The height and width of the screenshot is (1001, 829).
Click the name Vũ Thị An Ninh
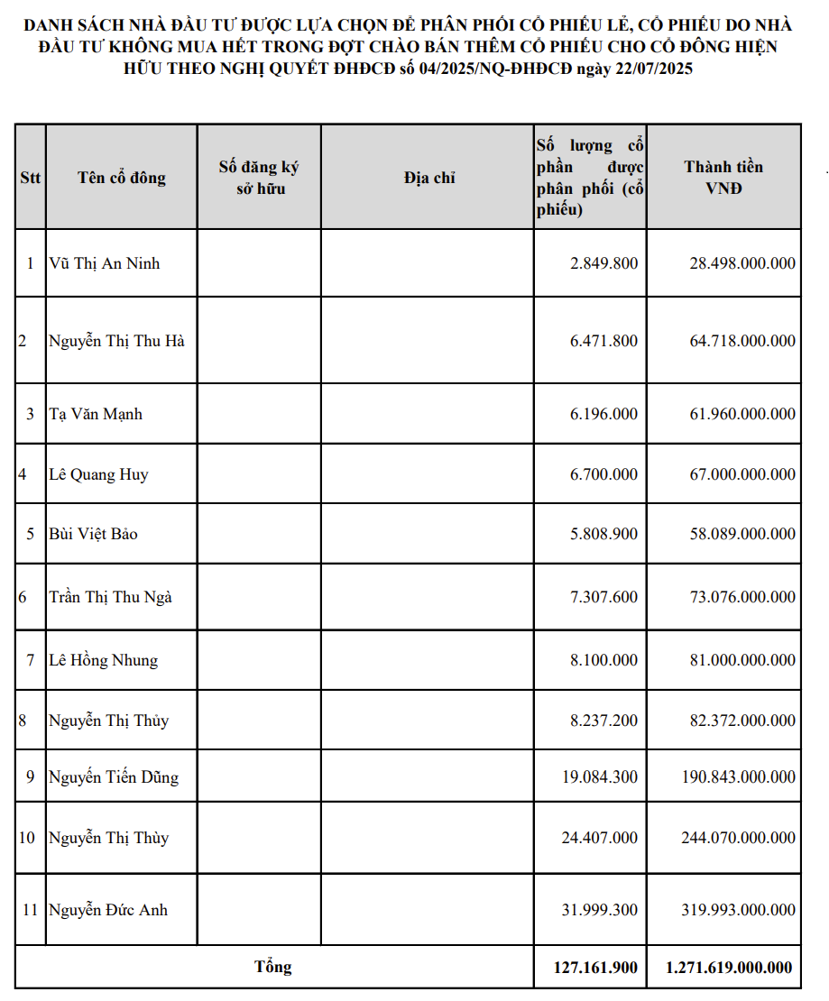pyautogui.click(x=104, y=263)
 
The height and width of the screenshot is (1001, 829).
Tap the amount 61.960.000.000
pyautogui.click(x=742, y=414)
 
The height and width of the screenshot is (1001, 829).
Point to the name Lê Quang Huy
pyautogui.click(x=98, y=474)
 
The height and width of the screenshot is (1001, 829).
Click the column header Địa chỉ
pyautogui.click(x=428, y=178)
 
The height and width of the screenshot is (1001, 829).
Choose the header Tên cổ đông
pyautogui.click(x=121, y=178)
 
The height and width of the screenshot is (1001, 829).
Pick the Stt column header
pyautogui.click(x=30, y=178)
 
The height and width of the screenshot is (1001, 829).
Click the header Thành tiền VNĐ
pyautogui.click(x=723, y=178)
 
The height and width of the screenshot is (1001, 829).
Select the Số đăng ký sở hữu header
pyautogui.click(x=259, y=178)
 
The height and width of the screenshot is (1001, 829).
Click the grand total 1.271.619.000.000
pyautogui.click(x=730, y=968)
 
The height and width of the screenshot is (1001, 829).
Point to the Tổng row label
pyautogui.click(x=272, y=968)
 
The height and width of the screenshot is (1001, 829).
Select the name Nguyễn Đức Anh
pyautogui.click(x=108, y=910)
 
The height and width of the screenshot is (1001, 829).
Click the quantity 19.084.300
pyautogui.click(x=599, y=777)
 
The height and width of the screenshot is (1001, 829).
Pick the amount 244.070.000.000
pyautogui.click(x=738, y=838)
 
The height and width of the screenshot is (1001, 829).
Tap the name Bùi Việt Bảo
pyautogui.click(x=93, y=534)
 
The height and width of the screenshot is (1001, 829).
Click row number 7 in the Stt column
pyautogui.click(x=30, y=660)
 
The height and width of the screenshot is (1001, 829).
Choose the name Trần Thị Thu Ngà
pyautogui.click(x=110, y=597)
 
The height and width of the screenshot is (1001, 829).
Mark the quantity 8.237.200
pyautogui.click(x=603, y=721)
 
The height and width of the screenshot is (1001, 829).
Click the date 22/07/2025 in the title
pyautogui.click(x=649, y=69)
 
